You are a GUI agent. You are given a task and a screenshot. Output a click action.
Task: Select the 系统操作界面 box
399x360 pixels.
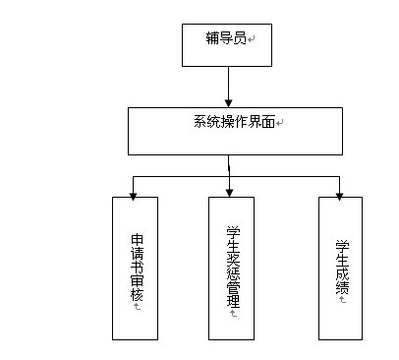[228, 131]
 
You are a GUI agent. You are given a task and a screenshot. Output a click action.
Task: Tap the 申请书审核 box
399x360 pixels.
[136, 270]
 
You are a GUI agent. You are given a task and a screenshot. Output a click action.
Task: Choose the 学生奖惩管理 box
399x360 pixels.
[231, 270]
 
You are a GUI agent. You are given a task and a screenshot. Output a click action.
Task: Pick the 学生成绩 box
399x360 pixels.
[340, 270]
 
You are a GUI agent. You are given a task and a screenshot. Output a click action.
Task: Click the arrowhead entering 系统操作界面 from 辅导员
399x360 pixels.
[228, 102]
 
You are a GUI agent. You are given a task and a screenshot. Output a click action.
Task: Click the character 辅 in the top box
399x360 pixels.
[211, 38]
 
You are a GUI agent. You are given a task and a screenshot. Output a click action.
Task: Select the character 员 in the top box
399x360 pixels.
[238, 38]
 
